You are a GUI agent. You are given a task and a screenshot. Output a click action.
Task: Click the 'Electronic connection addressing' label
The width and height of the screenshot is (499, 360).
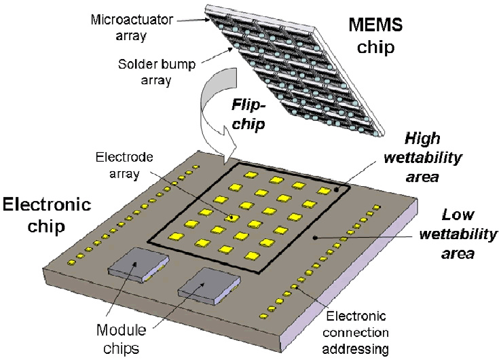pyautogui.click(x=356, y=333)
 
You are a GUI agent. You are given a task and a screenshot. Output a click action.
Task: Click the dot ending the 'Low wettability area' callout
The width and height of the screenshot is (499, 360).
pyautogui.click(x=314, y=238)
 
